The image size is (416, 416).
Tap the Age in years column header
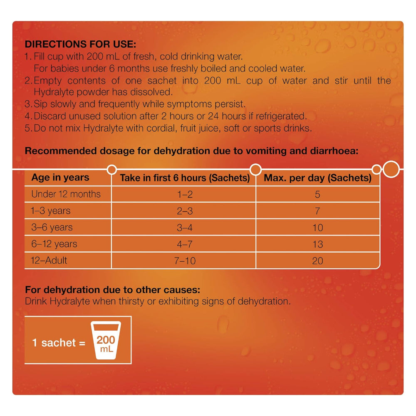coord(60,178)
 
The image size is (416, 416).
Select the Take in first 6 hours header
coord(185,178)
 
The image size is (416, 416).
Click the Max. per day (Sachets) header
coord(318,178)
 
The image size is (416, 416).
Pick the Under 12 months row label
coord(66,194)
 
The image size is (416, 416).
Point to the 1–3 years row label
coord(51,211)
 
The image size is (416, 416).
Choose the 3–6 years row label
coord(52,228)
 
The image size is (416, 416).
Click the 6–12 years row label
coord(54,244)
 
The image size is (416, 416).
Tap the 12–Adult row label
coord(49,261)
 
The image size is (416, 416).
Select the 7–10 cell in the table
coord(185,261)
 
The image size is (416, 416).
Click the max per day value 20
coord(317,261)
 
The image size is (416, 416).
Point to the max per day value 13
coord(317,244)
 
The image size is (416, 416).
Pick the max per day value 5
coord(317,194)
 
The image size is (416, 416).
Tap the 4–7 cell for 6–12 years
coord(185,244)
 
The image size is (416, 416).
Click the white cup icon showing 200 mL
coord(106,340)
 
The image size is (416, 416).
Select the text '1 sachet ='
coord(59,343)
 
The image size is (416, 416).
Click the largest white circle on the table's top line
coord(391,169)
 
